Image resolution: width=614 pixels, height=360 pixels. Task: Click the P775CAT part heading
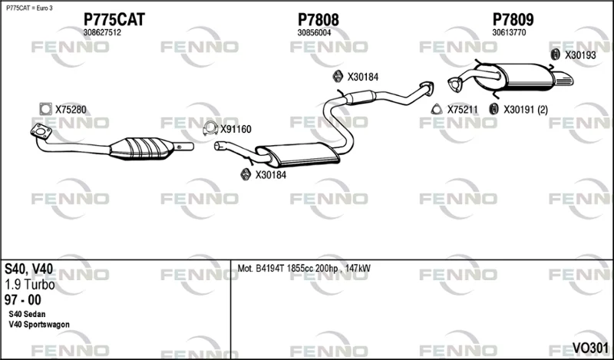(114, 19)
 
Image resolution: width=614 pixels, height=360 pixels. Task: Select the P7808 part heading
(319, 19)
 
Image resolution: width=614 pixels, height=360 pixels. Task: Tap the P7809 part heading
(513, 19)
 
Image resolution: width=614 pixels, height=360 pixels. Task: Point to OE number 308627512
(102, 33)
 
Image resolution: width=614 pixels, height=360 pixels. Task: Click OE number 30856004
(314, 33)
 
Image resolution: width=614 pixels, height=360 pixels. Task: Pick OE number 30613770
(509, 33)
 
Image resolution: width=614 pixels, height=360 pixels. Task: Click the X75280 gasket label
(71, 110)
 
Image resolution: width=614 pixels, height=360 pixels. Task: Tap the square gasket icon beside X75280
(46, 109)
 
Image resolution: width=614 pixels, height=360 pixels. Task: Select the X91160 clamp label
(236, 129)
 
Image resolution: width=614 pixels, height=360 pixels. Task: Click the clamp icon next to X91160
(210, 128)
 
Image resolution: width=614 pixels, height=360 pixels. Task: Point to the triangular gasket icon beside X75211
(437, 109)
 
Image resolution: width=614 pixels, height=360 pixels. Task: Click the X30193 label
(580, 55)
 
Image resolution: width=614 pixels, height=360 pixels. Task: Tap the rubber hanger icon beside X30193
(555, 54)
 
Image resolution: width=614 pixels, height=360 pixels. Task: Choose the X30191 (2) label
(526, 110)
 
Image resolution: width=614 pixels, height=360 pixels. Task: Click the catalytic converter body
(141, 148)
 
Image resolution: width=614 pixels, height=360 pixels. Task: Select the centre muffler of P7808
(299, 154)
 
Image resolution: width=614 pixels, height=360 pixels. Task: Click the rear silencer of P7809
(513, 77)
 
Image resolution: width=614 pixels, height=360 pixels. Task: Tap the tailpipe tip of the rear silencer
(564, 80)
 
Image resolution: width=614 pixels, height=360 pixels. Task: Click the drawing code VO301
(590, 348)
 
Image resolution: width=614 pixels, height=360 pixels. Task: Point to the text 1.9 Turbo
(30, 285)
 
